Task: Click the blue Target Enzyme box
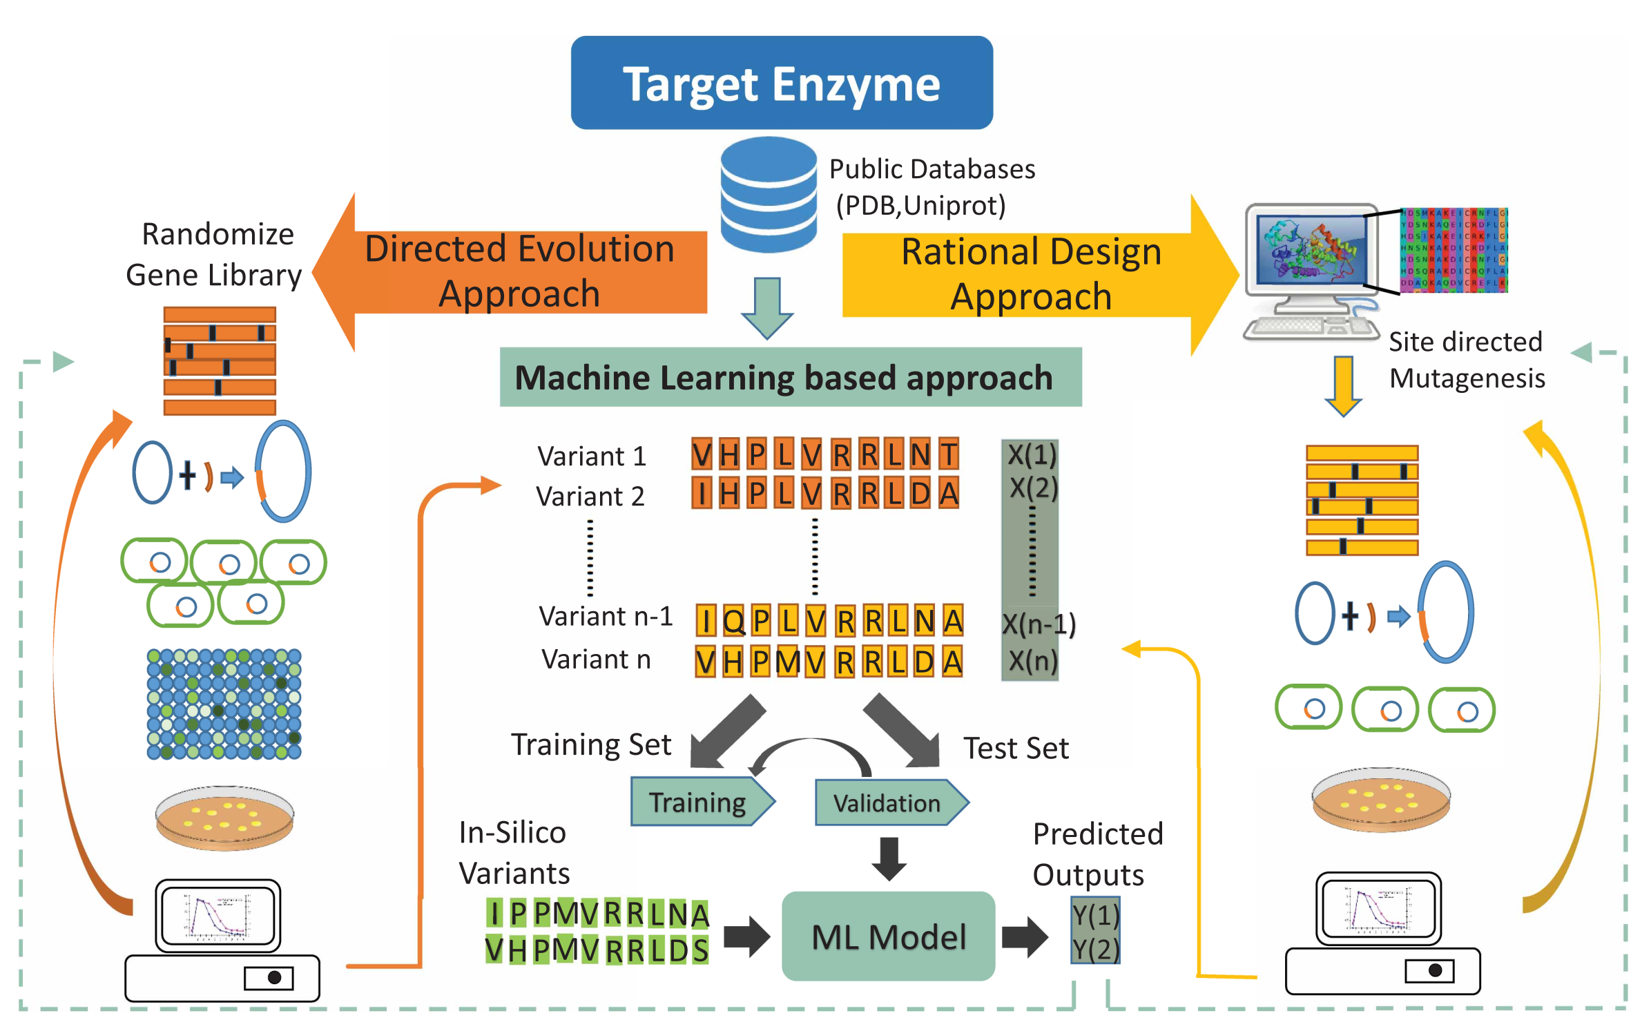click(x=781, y=83)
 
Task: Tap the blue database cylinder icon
click(x=768, y=194)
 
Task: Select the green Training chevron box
click(x=699, y=802)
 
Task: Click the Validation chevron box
click(x=888, y=803)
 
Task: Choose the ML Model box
click(x=888, y=936)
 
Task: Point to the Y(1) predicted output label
click(x=1095, y=915)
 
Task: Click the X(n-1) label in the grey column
click(x=1038, y=624)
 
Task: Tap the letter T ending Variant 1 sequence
click(x=949, y=454)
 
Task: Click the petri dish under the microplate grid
click(x=224, y=817)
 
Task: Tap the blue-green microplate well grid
click(x=224, y=704)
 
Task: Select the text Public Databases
click(x=931, y=169)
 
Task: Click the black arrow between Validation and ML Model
click(x=889, y=858)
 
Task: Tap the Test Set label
click(x=1016, y=748)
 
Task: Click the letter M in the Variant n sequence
click(x=787, y=662)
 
